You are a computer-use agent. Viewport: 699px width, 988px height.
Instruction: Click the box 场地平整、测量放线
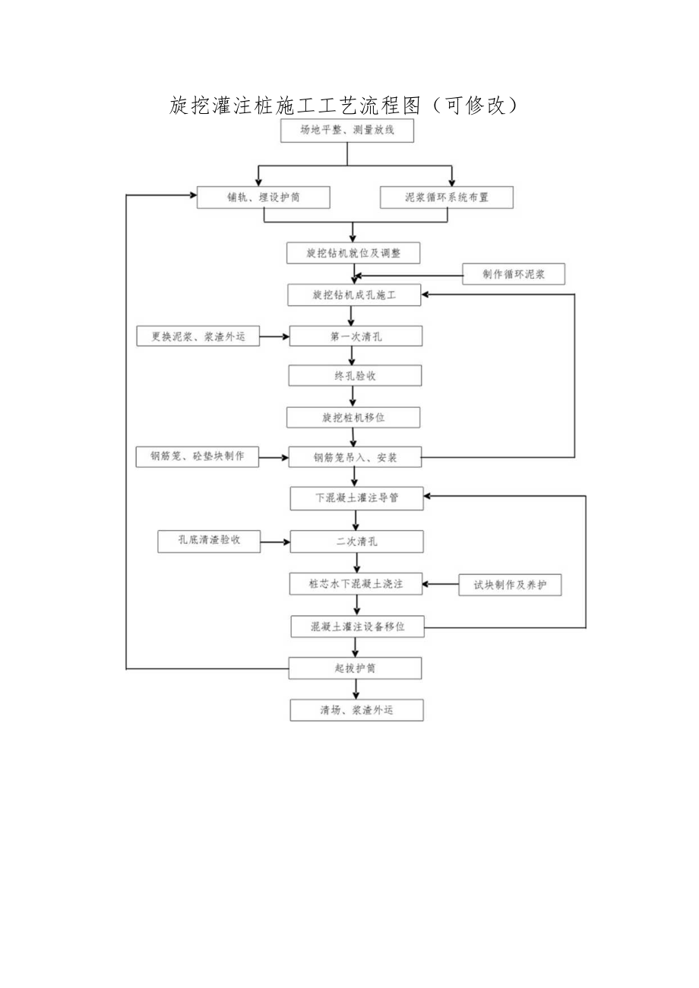347,131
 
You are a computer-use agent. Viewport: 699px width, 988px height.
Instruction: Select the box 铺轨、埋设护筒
264,197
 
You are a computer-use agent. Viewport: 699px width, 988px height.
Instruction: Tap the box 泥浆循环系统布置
447,197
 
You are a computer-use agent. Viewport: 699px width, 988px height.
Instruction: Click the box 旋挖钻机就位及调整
354,253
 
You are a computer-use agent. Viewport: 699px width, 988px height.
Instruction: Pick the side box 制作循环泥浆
514,274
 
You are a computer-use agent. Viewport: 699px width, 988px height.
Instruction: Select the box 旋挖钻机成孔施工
354,295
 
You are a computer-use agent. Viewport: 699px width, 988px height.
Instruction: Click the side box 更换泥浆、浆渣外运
198,336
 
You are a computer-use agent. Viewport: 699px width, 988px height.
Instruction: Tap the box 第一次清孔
354,336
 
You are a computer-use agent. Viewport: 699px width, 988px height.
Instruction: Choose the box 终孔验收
354,375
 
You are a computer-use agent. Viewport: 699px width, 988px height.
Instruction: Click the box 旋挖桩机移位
354,417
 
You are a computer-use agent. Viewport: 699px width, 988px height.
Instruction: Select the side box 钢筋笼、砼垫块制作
198,456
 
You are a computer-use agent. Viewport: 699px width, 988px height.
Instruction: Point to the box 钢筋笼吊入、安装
356,458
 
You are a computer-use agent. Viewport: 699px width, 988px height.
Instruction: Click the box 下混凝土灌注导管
357,499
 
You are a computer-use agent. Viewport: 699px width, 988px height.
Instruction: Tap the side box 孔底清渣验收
209,541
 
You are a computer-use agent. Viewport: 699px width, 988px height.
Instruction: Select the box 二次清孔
357,541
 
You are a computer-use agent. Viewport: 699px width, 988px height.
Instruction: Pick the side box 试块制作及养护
511,585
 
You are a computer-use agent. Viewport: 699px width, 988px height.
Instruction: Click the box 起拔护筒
356,668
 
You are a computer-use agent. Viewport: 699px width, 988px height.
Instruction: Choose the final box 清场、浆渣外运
357,710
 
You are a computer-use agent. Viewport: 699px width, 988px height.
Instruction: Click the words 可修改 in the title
474,106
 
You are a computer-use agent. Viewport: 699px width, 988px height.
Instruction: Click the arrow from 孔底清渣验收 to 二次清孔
275,541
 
